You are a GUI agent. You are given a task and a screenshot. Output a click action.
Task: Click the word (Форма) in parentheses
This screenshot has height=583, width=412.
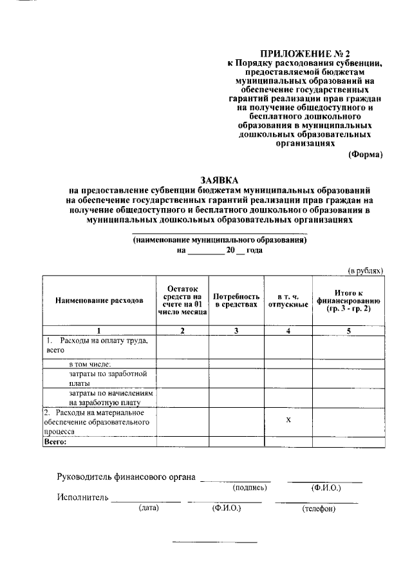click(x=365, y=154)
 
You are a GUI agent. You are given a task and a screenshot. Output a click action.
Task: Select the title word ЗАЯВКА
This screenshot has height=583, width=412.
click(x=220, y=181)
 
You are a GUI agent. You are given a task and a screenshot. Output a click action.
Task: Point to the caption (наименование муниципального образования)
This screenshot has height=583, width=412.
click(x=220, y=239)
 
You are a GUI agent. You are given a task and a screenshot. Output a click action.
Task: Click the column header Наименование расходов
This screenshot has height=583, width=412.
click(x=99, y=300)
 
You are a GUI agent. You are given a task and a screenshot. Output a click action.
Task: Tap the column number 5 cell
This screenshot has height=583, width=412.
click(x=349, y=330)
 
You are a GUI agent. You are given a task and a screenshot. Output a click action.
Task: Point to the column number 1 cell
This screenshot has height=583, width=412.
click(x=99, y=330)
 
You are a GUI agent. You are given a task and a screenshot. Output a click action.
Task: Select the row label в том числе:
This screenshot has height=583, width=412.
click(x=89, y=364)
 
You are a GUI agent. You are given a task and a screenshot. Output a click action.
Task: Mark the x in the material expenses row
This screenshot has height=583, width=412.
click(x=288, y=420)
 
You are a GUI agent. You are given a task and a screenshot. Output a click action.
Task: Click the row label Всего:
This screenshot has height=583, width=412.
click(x=55, y=443)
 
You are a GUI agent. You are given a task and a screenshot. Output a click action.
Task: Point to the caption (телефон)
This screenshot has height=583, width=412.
click(x=320, y=509)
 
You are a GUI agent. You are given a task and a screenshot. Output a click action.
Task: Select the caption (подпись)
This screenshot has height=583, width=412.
click(x=249, y=488)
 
